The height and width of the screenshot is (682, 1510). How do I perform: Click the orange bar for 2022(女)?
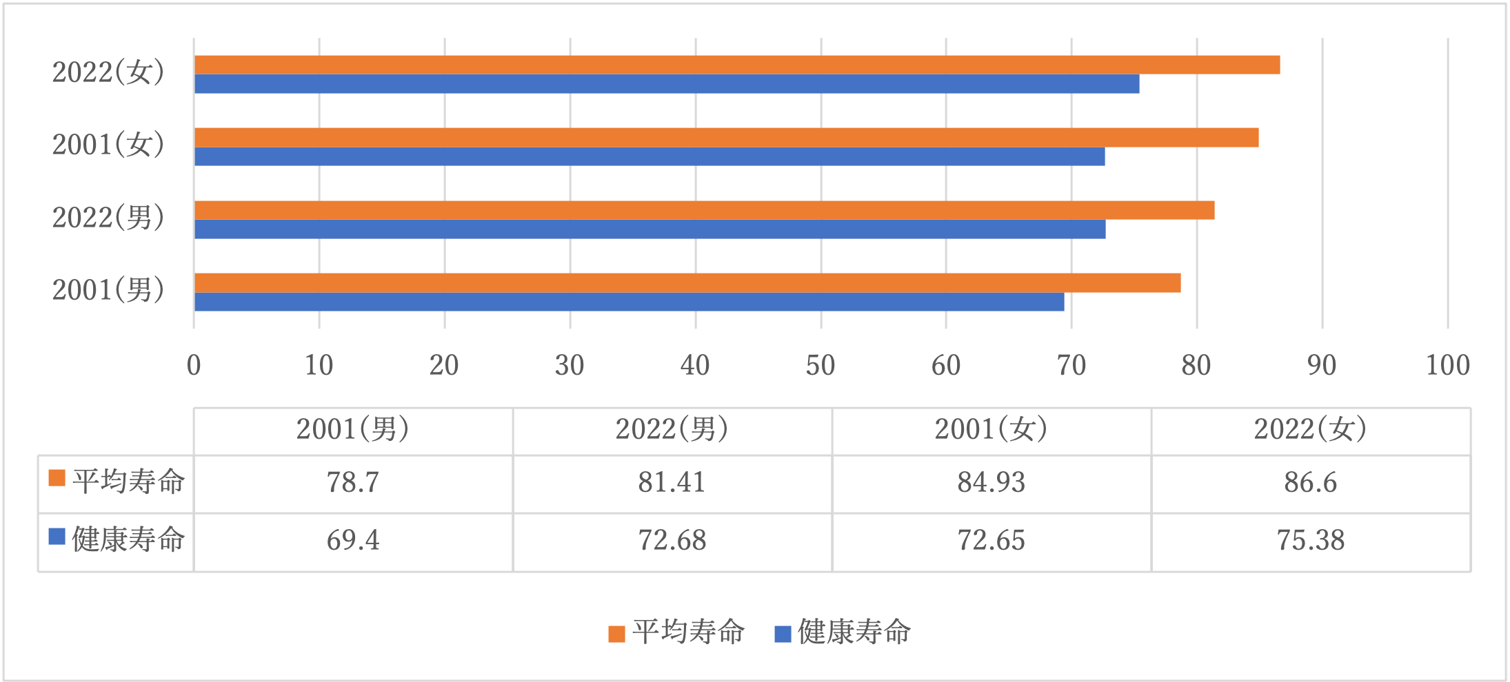(736, 65)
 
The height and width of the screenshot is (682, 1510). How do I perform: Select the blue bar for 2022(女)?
(666, 84)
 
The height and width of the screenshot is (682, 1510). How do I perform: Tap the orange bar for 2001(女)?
(726, 137)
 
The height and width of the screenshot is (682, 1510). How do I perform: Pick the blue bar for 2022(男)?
(650, 229)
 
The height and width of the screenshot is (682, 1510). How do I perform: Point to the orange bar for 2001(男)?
(687, 282)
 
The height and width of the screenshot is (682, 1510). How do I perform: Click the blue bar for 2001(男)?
(629, 302)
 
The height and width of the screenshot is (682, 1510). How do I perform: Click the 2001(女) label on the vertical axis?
(108, 145)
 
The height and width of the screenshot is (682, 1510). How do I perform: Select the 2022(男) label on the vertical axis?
(108, 218)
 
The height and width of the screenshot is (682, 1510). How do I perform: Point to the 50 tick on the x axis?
(821, 365)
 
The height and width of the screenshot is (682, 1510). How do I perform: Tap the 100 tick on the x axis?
(1447, 365)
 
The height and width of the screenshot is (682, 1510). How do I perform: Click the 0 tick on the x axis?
(194, 365)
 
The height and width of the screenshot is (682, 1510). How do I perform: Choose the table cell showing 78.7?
(353, 482)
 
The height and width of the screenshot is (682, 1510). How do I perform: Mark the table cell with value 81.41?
(672, 482)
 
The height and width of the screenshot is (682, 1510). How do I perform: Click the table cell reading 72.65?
(991, 540)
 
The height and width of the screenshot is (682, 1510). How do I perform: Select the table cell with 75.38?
(1310, 540)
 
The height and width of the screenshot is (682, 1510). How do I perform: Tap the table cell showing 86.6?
(1310, 482)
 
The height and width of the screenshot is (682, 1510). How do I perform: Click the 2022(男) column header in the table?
(672, 430)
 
